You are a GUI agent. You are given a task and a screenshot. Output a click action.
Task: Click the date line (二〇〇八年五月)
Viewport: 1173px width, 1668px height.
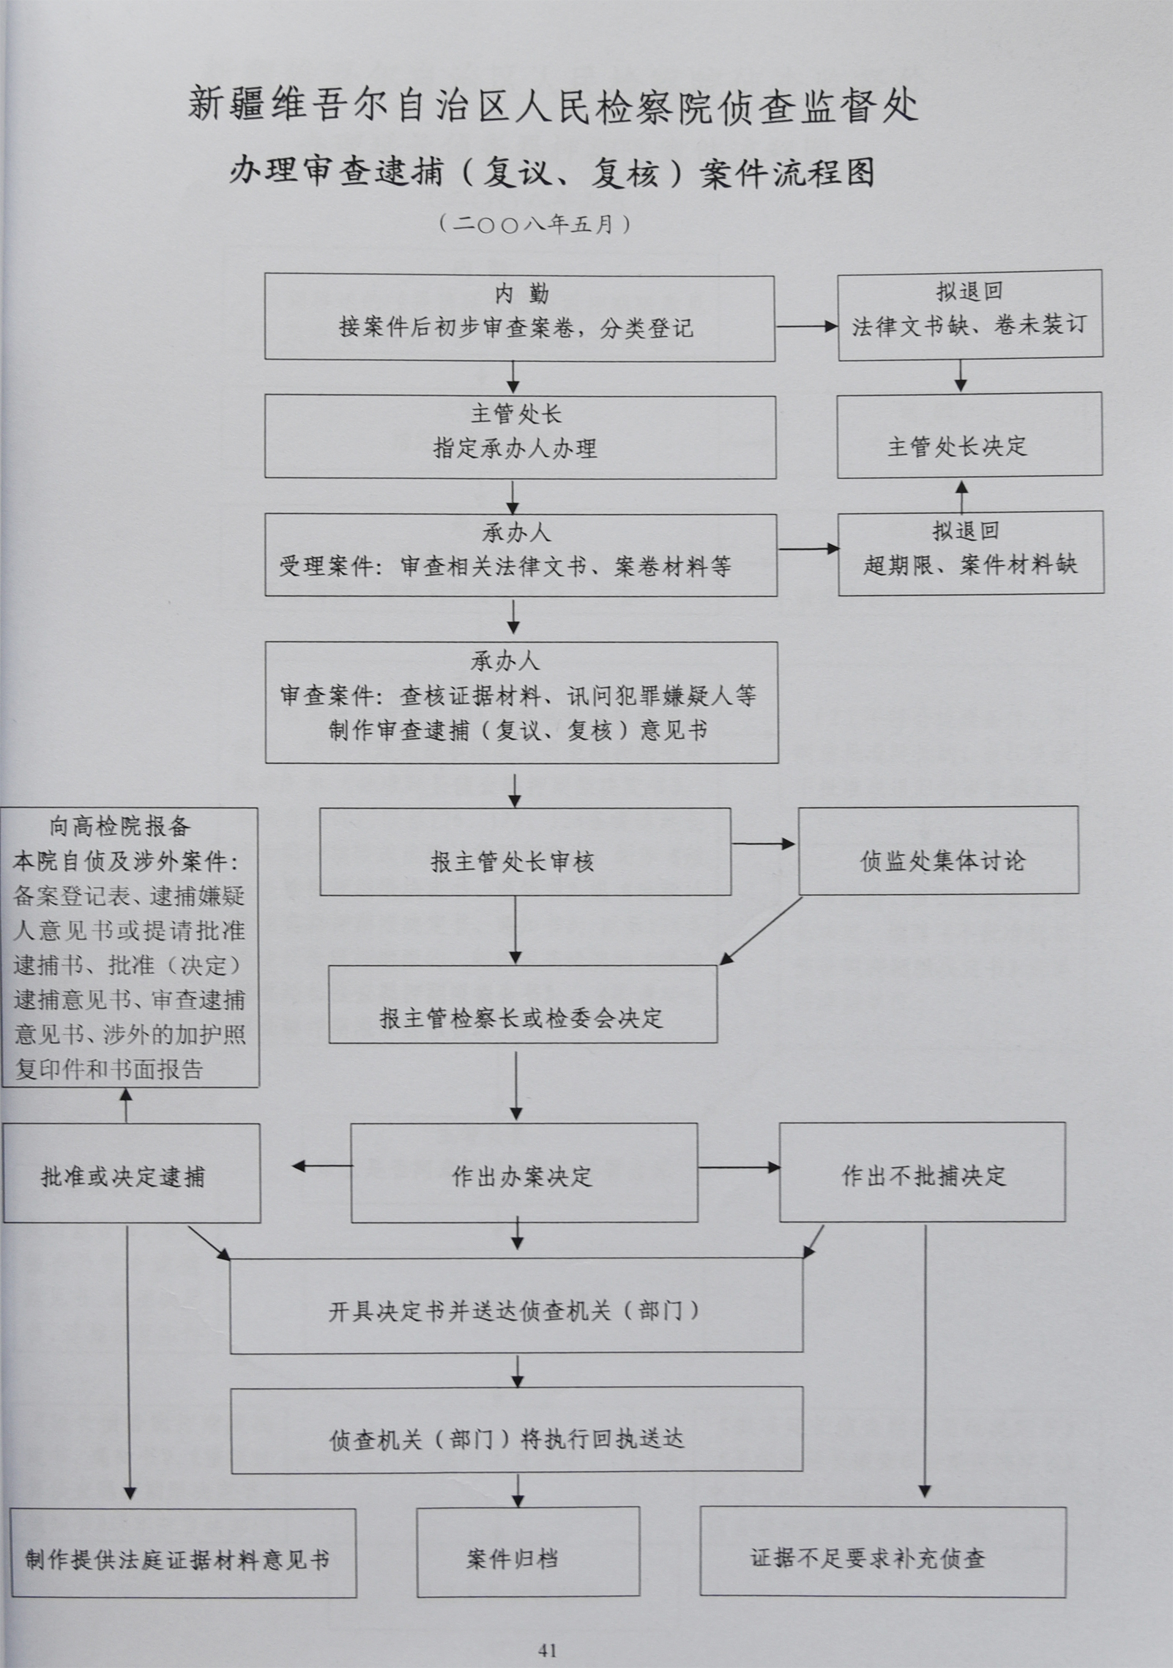535,223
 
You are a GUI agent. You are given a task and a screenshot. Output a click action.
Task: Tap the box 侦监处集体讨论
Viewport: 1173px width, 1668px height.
938,849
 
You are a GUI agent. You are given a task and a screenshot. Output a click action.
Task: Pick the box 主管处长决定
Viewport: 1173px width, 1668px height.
969,433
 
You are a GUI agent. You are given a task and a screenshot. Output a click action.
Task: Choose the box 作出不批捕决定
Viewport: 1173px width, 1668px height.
922,1172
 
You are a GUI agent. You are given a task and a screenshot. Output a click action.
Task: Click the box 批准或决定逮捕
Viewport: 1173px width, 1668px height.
131,1172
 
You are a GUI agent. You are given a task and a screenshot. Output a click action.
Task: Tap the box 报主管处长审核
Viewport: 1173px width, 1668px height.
525,851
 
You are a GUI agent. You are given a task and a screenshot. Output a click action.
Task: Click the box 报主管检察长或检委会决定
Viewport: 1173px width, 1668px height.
523,1003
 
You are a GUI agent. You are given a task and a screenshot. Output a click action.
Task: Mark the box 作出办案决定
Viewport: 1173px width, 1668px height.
524,1172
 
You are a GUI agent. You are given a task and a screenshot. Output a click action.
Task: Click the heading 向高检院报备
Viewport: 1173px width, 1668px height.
120,827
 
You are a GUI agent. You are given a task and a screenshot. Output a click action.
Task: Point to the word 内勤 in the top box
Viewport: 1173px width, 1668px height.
521,294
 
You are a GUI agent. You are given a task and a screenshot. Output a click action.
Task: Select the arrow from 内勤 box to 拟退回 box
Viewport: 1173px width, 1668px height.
806,326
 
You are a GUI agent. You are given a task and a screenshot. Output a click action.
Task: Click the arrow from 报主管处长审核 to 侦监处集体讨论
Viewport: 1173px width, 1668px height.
764,844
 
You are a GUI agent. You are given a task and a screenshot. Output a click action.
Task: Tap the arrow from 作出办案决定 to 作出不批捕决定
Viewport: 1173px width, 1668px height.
739,1167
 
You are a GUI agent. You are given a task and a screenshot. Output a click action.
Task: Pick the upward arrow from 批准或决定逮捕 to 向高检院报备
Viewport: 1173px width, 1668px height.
126,1106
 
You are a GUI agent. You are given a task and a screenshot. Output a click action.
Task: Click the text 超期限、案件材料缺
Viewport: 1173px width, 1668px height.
970,565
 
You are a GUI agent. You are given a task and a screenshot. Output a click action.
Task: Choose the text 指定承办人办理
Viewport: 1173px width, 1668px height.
515,448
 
